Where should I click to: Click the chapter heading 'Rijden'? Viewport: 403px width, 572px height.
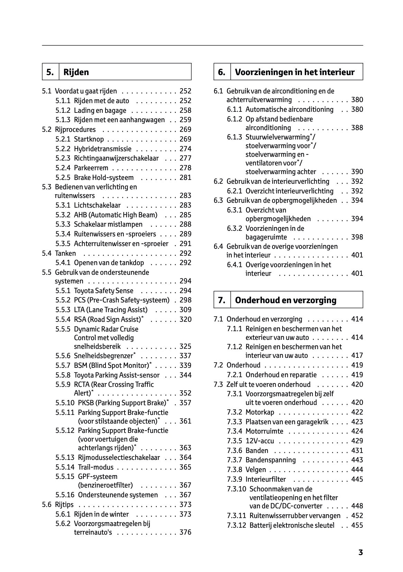point(76,72)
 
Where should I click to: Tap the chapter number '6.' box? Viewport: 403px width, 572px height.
point(222,72)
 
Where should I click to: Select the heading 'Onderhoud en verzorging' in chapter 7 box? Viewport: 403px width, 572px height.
point(285,300)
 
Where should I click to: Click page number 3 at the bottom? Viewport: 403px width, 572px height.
point(360,553)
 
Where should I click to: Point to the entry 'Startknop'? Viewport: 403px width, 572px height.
point(89,139)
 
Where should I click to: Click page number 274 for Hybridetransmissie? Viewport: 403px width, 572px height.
point(185,149)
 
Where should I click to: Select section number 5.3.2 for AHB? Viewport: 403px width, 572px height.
point(63,215)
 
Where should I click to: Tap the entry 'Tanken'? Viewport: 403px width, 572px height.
point(65,253)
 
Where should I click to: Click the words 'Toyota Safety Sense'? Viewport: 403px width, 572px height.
point(103,291)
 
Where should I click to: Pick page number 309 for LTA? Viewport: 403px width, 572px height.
point(185,310)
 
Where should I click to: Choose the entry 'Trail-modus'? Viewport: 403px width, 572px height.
point(95,467)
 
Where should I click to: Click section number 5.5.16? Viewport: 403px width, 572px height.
point(65,495)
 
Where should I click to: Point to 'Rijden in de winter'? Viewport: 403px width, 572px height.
point(101,514)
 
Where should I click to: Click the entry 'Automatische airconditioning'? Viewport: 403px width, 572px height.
point(289,109)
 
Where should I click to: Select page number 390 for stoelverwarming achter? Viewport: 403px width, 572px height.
point(357,172)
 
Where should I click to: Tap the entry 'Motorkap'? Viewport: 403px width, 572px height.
point(259,412)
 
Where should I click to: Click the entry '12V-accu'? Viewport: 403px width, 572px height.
point(259,441)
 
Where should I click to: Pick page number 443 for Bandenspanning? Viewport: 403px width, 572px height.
point(357,460)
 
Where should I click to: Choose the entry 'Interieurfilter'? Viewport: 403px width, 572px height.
point(266,479)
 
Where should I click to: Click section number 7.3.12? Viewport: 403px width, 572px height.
point(237,525)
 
